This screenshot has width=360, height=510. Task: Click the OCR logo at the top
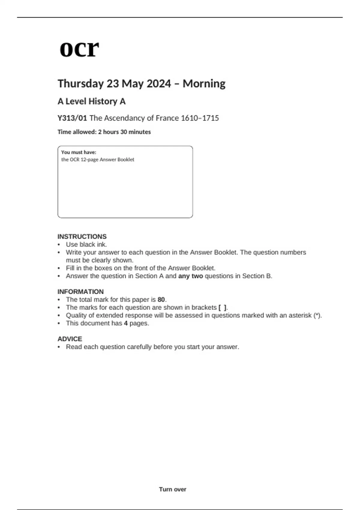[79, 49]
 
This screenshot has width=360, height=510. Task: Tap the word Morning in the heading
[204, 84]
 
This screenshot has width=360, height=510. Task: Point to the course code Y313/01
[72, 118]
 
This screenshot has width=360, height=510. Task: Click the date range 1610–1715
[200, 118]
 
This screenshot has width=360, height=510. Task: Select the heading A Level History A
[91, 101]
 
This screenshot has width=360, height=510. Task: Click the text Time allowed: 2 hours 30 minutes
[104, 132]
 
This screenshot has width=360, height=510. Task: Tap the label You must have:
[79, 152]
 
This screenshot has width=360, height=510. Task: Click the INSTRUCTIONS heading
[82, 236]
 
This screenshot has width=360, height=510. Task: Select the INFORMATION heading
[80, 292]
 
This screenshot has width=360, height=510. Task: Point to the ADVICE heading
[70, 339]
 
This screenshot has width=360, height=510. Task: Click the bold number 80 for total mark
[161, 300]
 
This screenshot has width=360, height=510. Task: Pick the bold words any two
[190, 276]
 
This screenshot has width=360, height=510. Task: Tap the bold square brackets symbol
[222, 307]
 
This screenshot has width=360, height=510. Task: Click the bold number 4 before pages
[126, 323]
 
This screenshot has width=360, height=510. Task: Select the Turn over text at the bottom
[172, 489]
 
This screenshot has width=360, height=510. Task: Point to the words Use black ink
[86, 244]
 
